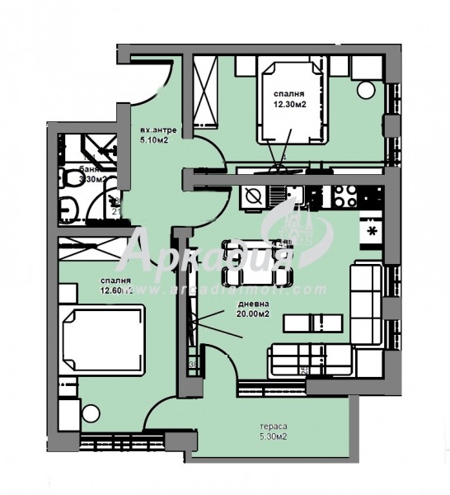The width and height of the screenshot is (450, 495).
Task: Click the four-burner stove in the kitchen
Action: [345, 196]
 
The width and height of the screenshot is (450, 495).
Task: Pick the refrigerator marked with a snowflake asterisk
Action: [372, 230]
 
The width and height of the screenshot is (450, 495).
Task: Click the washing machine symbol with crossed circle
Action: [254, 196]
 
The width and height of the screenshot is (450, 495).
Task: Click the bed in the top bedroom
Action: [292, 100]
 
